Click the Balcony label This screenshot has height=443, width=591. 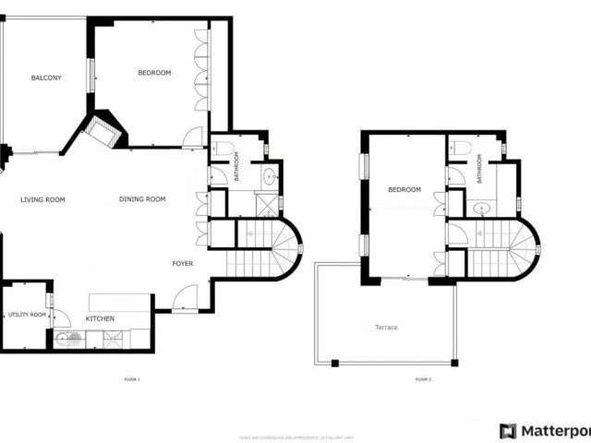click(x=45, y=78)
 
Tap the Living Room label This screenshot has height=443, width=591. click(x=42, y=199)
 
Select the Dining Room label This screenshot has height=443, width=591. click(x=142, y=199)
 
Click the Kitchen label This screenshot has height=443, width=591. click(x=100, y=319)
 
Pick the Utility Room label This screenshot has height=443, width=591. click(x=27, y=316)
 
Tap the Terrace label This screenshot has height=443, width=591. click(x=386, y=328)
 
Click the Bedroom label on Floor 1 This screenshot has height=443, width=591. click(x=154, y=73)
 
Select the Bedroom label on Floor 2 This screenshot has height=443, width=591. click(x=404, y=190)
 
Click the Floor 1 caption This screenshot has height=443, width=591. click(x=130, y=379)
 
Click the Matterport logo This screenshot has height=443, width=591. click(x=543, y=431)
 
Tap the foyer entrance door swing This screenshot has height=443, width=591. click(x=186, y=298)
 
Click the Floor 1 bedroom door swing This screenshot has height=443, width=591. click(x=193, y=137)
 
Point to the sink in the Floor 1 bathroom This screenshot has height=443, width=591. click(x=271, y=176)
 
